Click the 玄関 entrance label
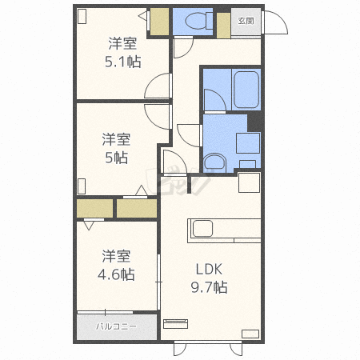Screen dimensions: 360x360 [x=246, y=21]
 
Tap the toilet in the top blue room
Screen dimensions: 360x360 [x=198, y=21]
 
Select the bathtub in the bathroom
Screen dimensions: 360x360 [x=246, y=90]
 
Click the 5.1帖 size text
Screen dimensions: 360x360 [x=123, y=62]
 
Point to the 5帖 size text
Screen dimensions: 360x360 [x=117, y=158]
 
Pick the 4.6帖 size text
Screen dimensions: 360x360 [x=116, y=274]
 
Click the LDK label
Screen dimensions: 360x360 [x=209, y=270]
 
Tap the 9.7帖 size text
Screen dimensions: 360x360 [x=209, y=287]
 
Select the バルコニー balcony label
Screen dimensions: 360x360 [x=116, y=326]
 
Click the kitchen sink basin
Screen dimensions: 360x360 [x=202, y=229]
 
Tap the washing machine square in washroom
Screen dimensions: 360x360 [x=248, y=143]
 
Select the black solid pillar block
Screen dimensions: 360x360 [x=254, y=122]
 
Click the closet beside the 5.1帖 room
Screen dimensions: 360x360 [x=159, y=22]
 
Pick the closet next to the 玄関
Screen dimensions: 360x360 [x=223, y=26]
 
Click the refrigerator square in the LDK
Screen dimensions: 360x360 [x=249, y=182]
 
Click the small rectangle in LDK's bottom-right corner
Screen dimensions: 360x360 [x=250, y=334]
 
